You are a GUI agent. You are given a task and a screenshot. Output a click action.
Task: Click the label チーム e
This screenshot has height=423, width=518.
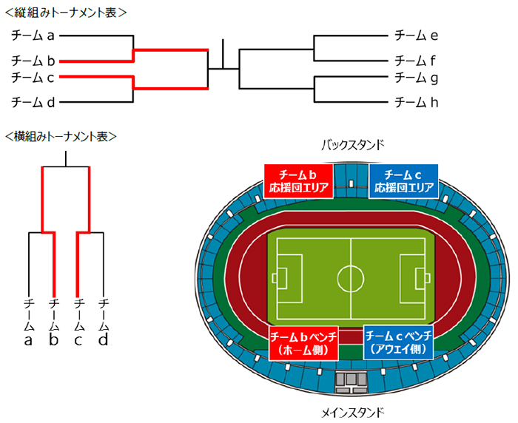417,35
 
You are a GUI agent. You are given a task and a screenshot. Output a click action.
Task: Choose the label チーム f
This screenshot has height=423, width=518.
417,61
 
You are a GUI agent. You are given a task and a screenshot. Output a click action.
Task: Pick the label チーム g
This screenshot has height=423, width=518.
417,77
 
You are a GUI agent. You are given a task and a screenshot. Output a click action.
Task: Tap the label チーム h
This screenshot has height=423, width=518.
417,102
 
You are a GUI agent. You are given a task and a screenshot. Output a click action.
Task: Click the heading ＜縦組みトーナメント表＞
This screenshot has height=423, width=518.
64,12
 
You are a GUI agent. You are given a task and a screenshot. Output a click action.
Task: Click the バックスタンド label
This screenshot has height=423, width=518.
352,145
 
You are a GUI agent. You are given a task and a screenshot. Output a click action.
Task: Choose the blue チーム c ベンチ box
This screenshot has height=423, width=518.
400,342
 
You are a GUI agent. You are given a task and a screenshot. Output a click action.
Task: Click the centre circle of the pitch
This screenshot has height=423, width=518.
351,279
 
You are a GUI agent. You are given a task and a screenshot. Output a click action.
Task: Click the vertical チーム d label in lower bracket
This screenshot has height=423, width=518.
103,322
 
